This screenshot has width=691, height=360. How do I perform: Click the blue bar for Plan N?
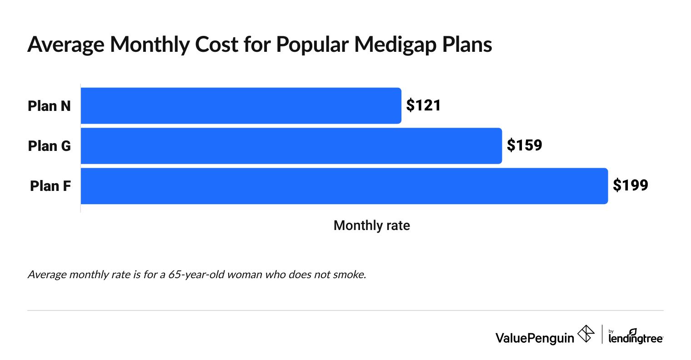[241, 105]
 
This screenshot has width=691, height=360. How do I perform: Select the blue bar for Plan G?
[291, 145]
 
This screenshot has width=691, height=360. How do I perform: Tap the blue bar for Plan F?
[344, 186]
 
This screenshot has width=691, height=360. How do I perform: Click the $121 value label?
[423, 105]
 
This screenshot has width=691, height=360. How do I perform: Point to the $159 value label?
[524, 145]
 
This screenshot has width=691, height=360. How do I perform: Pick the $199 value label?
[630, 185]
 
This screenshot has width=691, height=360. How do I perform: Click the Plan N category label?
[49, 106]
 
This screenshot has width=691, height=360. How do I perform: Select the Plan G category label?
[49, 146]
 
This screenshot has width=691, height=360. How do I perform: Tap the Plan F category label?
[50, 186]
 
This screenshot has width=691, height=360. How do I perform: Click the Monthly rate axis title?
[371, 225]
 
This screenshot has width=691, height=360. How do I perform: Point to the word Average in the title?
[65, 45]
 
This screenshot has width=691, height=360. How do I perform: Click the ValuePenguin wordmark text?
[535, 338]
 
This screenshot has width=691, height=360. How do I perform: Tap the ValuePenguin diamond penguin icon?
[586, 334]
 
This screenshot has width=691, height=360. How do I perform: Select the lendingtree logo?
[635, 337]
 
